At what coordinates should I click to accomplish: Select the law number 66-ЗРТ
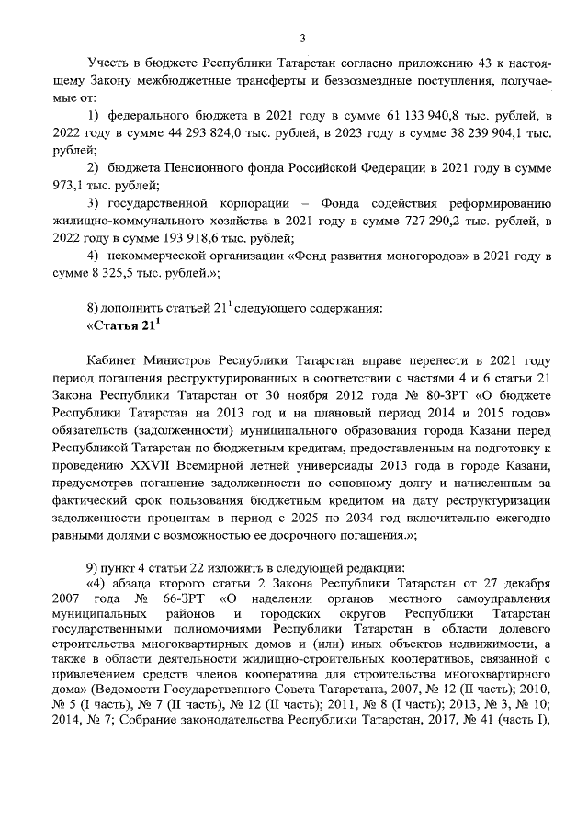pyautogui.click(x=176, y=600)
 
